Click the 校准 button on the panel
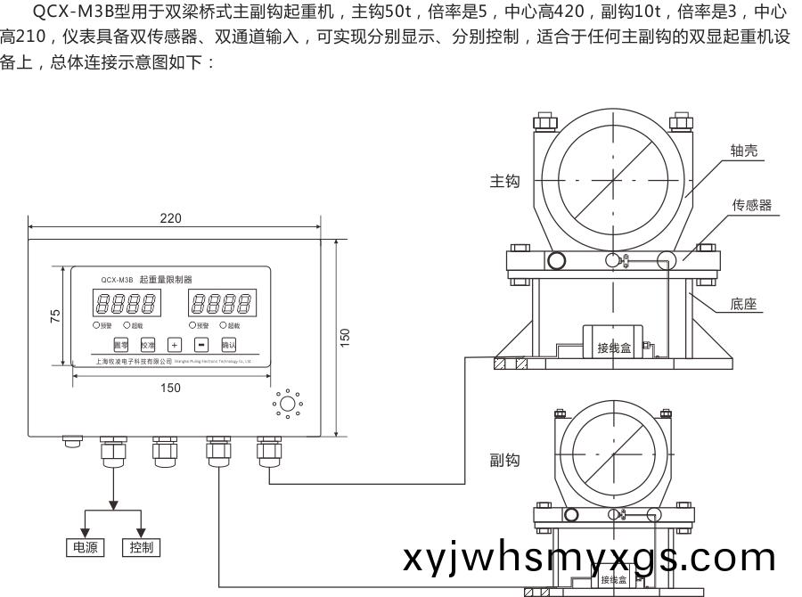[147, 343]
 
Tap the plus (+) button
[175, 343]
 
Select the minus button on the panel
[201, 343]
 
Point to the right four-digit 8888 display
[219, 303]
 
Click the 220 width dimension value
[171, 219]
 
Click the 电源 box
[86, 546]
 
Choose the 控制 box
[141, 546]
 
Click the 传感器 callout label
[751, 205]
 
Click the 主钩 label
[504, 181]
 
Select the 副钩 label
[504, 460]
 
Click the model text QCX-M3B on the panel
[118, 279]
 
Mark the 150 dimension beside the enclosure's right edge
[345, 337]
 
